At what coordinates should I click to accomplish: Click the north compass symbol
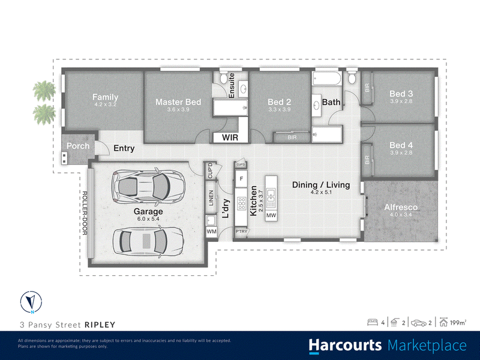pos(31,302)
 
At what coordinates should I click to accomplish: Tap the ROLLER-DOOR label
pos(85,213)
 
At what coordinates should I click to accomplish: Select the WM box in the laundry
pos(212,232)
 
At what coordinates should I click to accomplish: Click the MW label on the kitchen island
pos(271,215)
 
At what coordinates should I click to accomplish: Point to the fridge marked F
pos(241,178)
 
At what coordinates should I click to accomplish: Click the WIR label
pos(230,137)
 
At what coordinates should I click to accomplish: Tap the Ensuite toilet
pos(223,78)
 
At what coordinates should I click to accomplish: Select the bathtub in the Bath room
pos(326,79)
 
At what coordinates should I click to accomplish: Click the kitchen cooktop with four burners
pos(242,203)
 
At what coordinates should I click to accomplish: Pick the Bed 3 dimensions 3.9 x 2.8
pos(401,101)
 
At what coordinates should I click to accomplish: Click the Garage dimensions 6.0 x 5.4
pos(148,218)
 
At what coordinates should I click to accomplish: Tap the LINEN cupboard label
pos(211,198)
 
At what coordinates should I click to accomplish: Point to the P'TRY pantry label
pos(241,231)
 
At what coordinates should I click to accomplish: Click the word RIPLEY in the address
pos(100,325)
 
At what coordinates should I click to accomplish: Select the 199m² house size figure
pos(458,323)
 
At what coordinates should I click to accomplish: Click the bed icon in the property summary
pos(372,322)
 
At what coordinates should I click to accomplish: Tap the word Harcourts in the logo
pos(345,346)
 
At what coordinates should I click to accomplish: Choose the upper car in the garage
pos(148,186)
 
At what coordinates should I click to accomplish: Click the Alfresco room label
pos(401,207)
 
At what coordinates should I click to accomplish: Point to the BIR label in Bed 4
pos(367,160)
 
